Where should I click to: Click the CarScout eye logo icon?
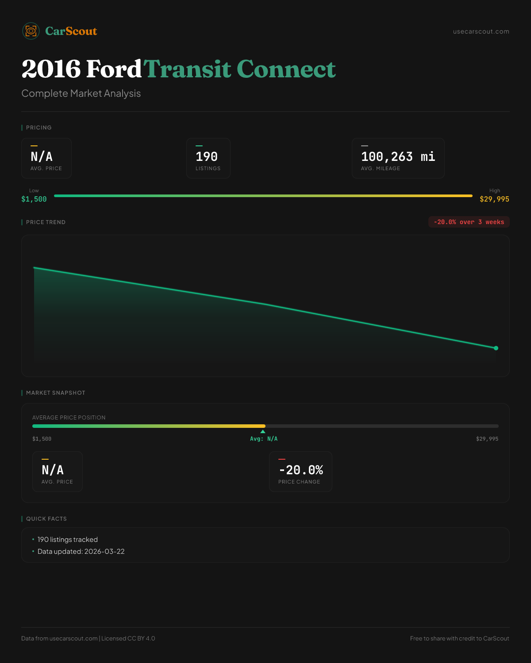point(31,31)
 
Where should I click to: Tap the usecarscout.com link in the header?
point(481,31)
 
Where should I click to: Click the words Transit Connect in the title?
point(239,69)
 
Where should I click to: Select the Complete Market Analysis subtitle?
point(81,94)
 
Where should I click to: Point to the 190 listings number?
point(207,157)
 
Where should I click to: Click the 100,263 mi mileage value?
point(398,157)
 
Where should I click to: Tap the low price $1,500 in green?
point(34,199)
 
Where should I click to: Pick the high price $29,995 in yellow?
point(494,199)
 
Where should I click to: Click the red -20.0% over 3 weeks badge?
point(469,222)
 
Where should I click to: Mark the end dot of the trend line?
point(496,348)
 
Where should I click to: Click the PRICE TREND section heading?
point(46,222)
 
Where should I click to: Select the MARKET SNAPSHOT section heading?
point(55,393)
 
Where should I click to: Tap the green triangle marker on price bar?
point(263,431)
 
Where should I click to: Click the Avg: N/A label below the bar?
point(264,439)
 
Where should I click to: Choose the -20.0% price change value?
point(301,470)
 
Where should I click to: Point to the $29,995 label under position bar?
point(487,439)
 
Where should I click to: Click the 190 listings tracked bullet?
point(67,540)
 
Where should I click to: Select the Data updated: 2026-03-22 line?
point(81,552)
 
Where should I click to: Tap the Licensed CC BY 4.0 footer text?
point(128,639)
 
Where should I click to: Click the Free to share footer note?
point(459,639)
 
